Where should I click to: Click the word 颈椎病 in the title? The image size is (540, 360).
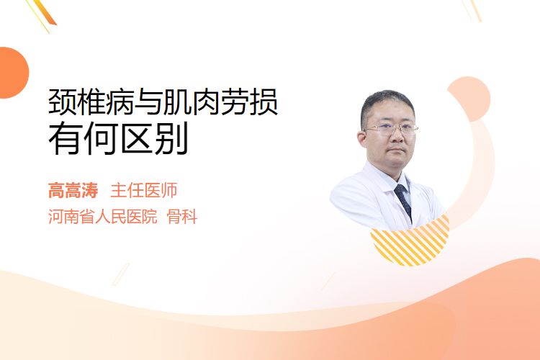[x=91, y=102]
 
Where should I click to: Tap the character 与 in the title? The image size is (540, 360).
[x=148, y=102]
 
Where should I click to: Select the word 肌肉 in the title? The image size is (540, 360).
[x=191, y=102]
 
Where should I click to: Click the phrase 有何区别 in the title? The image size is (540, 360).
[x=118, y=138]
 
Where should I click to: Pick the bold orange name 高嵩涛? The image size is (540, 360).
[x=73, y=191]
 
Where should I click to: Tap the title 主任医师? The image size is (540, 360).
[x=143, y=191]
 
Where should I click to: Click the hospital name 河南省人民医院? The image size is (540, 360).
[x=103, y=216]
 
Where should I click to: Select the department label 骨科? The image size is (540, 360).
[x=182, y=216]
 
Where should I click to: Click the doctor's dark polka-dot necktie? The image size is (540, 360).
[x=403, y=201]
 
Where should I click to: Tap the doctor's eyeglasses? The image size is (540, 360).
[x=391, y=130]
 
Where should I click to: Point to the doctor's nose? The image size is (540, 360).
[x=397, y=137]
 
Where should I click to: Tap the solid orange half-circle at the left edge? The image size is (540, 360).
[x=13, y=73]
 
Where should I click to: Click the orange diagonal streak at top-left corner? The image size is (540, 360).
[x=45, y=12]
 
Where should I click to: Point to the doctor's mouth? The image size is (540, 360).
[x=397, y=150]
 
